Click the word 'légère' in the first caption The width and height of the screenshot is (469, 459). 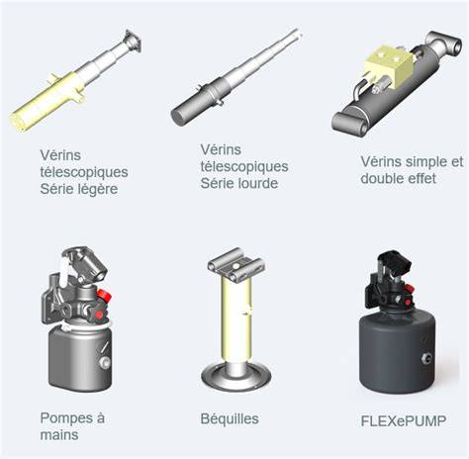pos(97,190)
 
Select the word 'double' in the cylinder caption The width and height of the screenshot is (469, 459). pos(381,178)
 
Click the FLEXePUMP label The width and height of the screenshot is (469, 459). pos(404,421)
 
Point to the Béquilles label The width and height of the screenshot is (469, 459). pos(230,419)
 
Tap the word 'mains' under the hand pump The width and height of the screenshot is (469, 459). pos(59,435)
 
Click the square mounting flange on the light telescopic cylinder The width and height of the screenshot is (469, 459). pos(133,41)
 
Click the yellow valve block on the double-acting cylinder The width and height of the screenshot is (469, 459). pos(390,66)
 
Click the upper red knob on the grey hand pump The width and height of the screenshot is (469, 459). pos(104,295)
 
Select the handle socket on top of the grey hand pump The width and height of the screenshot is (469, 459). pos(86,263)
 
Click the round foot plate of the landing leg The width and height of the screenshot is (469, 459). pos(236,377)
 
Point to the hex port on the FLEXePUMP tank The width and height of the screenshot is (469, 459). pos(425,358)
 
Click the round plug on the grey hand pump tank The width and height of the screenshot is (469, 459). pos(105,363)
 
